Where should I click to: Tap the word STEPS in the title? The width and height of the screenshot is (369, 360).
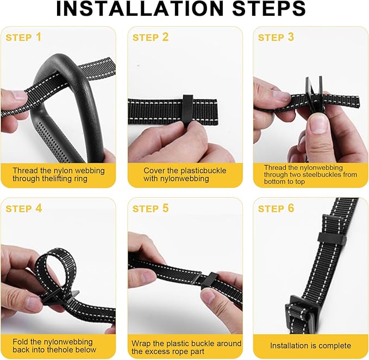269,9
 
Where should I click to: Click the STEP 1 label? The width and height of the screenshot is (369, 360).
23,37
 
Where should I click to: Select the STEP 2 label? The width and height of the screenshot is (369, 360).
151,37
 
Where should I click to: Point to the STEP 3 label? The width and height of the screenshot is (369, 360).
276,37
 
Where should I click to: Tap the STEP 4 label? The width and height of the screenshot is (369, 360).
24,209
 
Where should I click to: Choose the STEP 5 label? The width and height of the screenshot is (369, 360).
151,209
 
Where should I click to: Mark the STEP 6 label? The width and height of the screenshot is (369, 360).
276,209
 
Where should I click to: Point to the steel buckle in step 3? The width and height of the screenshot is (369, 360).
314,94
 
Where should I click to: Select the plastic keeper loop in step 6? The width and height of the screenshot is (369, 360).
332,239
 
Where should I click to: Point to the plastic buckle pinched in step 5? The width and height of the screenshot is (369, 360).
209,281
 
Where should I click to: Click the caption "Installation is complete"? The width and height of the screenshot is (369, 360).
310,346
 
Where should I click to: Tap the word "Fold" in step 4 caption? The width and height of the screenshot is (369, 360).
21,342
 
